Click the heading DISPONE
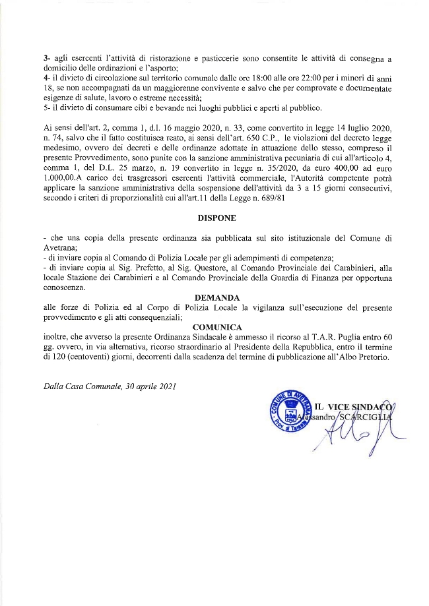point(216,217)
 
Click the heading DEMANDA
point(216,297)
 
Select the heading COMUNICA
point(217,326)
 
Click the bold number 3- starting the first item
point(46,60)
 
